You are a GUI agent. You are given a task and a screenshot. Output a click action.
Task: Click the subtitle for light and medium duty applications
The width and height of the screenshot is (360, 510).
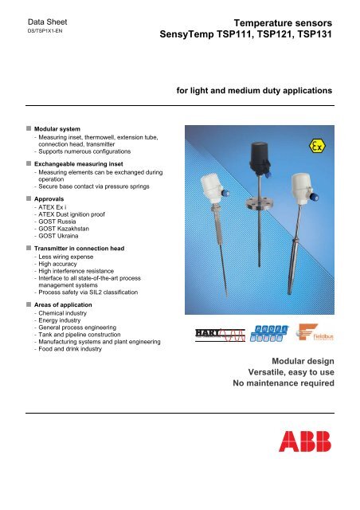253,91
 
